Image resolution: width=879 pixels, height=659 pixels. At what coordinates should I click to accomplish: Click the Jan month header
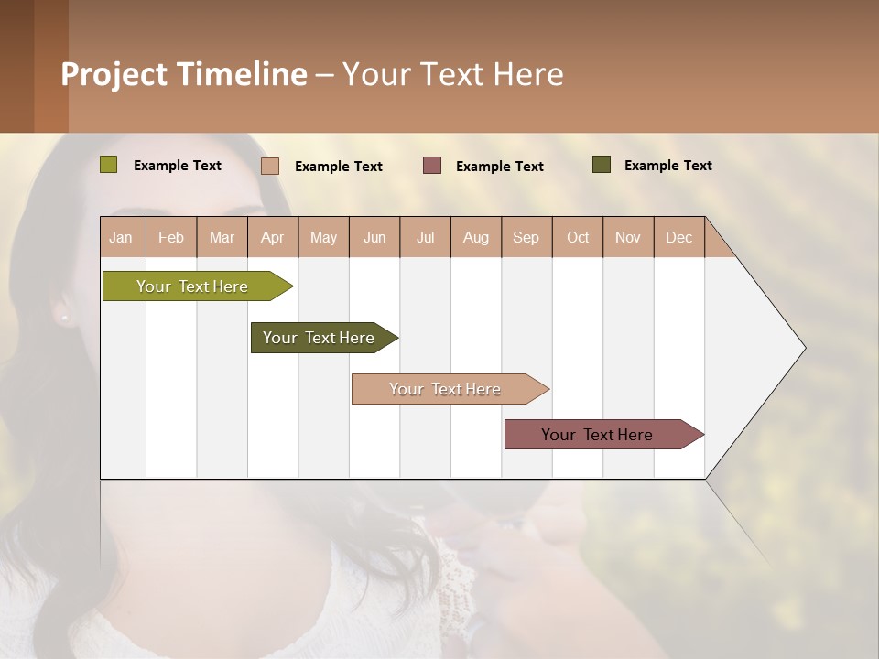pos(122,237)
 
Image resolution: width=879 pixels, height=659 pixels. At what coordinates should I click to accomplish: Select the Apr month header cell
pos(273,237)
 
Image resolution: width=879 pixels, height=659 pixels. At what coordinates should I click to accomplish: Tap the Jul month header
pos(425,237)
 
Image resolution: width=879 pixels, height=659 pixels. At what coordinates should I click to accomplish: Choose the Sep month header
pos(526,237)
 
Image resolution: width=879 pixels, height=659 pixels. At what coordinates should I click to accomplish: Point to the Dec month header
pos(678,237)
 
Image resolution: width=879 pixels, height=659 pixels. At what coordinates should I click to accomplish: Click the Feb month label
pos(171,237)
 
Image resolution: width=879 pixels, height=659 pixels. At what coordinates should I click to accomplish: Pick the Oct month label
pos(578,237)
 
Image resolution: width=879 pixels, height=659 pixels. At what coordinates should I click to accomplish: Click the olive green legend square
pos(109,165)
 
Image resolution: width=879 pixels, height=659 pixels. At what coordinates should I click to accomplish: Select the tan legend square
pos(270,166)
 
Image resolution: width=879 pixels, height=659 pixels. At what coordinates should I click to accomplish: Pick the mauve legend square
pos(432,166)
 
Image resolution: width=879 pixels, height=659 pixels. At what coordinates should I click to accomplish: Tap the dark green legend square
pos(602,165)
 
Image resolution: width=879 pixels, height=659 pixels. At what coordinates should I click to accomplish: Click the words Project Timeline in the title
pos(184,74)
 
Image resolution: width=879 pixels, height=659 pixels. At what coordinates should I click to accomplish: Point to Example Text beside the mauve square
pos(500,167)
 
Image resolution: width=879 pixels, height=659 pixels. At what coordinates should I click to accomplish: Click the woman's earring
pos(64,317)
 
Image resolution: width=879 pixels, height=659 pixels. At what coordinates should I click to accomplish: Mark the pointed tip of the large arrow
pos(804,348)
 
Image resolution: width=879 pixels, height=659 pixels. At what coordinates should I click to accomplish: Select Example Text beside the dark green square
pos(668,166)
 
